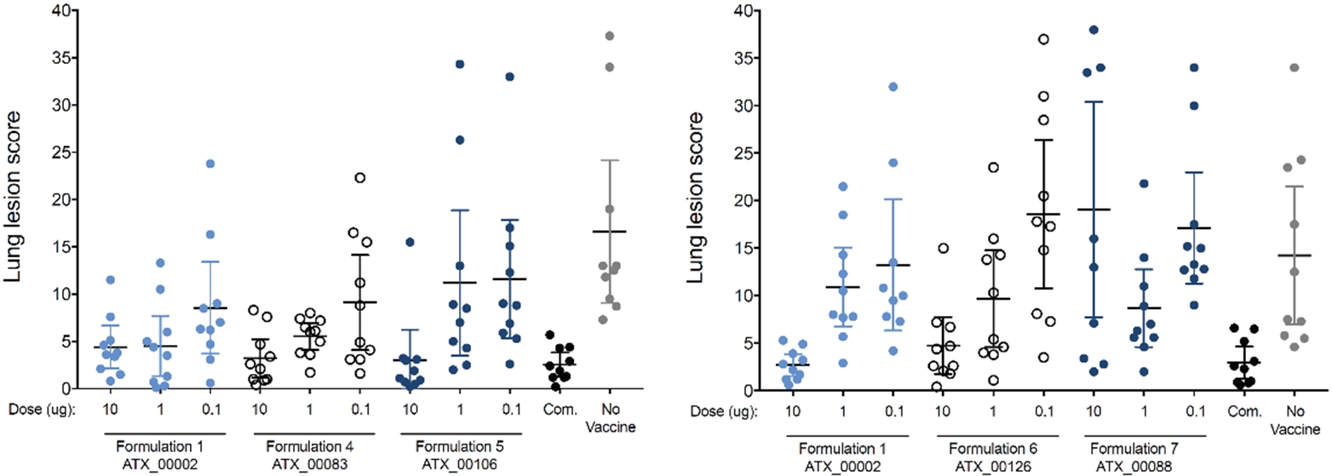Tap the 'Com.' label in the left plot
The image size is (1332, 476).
coord(558,409)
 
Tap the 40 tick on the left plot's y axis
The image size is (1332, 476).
coord(66,12)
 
